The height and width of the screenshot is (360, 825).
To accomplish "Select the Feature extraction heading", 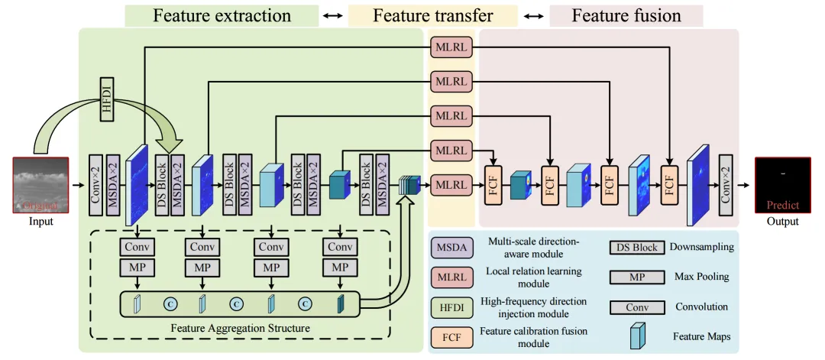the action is click(x=222, y=15).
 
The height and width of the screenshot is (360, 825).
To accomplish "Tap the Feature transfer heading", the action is click(x=432, y=15).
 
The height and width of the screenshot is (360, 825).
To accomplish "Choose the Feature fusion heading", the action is click(x=626, y=15).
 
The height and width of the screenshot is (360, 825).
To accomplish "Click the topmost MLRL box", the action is click(x=451, y=47).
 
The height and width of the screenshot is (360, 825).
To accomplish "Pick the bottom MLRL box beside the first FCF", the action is click(x=451, y=185).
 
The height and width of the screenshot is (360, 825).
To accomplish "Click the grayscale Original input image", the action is click(x=41, y=185).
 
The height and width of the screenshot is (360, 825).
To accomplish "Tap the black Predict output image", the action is click(x=782, y=185).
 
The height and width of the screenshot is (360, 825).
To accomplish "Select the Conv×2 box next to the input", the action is click(x=95, y=185).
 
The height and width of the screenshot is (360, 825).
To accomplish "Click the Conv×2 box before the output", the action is click(x=726, y=185).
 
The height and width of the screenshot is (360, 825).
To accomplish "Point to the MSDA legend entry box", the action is click(x=451, y=248).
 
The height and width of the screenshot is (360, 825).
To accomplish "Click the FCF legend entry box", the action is click(x=451, y=337).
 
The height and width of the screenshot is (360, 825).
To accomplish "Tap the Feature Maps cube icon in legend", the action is click(x=638, y=336).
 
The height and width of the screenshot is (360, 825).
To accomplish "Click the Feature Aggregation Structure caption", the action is click(x=241, y=328).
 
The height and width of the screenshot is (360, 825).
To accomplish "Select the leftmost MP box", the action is click(x=137, y=268).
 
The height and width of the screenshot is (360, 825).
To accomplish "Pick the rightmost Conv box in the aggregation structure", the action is click(x=341, y=247).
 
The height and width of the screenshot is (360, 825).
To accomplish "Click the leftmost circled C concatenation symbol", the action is click(x=170, y=303).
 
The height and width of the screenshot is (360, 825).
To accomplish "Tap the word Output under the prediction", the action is click(x=782, y=222).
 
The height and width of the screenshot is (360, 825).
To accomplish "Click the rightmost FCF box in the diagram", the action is click(x=669, y=185).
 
